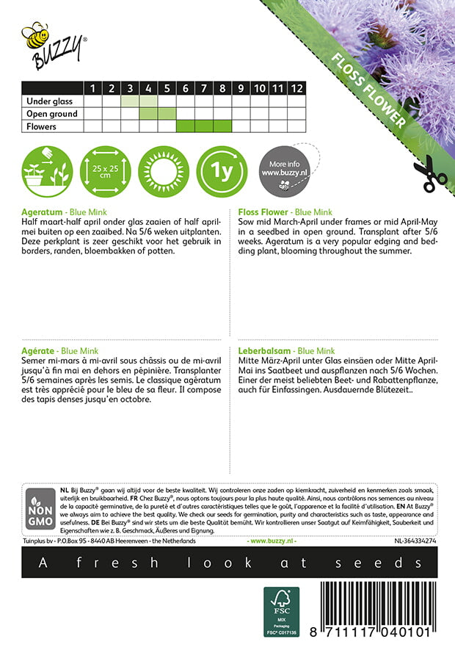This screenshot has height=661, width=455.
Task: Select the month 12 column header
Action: (296, 88)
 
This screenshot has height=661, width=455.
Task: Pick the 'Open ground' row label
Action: (51, 114)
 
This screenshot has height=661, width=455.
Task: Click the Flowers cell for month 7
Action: (204, 126)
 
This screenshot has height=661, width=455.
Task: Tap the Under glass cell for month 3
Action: (130, 101)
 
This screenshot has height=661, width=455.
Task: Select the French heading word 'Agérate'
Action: (38, 352)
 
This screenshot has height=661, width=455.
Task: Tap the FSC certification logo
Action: (281, 612)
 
